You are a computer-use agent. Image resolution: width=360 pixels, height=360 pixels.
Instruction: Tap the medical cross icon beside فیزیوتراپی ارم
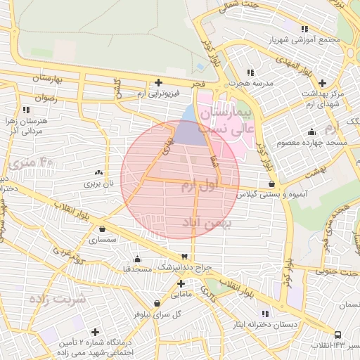[158, 83]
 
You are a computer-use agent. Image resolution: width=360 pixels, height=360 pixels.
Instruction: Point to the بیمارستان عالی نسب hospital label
[224, 120]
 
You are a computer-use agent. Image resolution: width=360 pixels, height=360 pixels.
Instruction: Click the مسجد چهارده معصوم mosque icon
[312, 132]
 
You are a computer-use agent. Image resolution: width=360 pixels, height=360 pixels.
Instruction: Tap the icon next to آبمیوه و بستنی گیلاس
[271, 184]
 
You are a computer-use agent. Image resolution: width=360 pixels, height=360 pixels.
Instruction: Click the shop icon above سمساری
[103, 229]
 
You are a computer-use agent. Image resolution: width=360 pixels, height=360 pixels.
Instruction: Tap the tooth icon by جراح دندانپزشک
[184, 257]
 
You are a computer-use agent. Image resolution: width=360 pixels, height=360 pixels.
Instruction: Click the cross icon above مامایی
[181, 284]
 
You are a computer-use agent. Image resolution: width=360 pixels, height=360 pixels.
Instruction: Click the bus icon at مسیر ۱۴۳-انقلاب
[339, 335]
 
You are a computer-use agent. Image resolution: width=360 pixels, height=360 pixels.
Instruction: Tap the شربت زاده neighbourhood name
[57, 298]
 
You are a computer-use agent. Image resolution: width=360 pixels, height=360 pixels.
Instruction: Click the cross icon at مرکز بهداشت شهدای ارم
[322, 83]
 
